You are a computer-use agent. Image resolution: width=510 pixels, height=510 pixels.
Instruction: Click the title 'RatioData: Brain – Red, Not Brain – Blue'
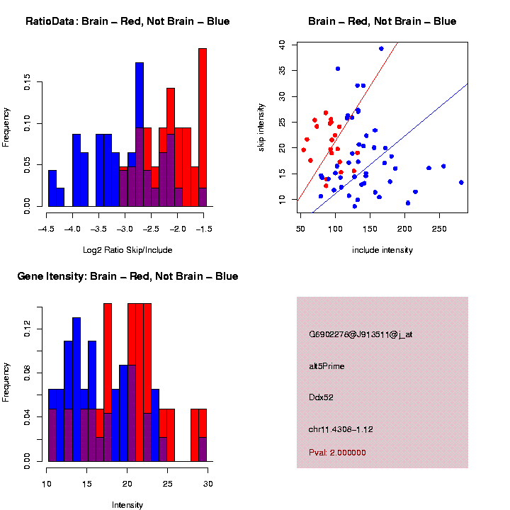click(127, 21)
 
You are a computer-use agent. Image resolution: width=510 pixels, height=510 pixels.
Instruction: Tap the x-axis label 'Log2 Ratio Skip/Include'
click(127, 250)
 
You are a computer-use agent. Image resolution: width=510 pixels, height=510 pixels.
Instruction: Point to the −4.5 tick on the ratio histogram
click(47, 228)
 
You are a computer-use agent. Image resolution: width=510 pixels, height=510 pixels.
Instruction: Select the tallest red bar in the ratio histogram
click(203, 127)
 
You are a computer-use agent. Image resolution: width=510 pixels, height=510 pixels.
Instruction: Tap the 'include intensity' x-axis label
click(382, 250)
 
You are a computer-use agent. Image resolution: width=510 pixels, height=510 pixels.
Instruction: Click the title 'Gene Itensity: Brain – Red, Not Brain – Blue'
click(127, 276)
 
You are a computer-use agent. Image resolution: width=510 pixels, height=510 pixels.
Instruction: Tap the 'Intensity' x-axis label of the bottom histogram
click(127, 505)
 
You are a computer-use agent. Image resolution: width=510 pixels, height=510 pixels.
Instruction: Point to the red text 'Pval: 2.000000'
click(337, 453)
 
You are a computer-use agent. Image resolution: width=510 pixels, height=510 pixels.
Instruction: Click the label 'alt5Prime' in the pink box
click(327, 366)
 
